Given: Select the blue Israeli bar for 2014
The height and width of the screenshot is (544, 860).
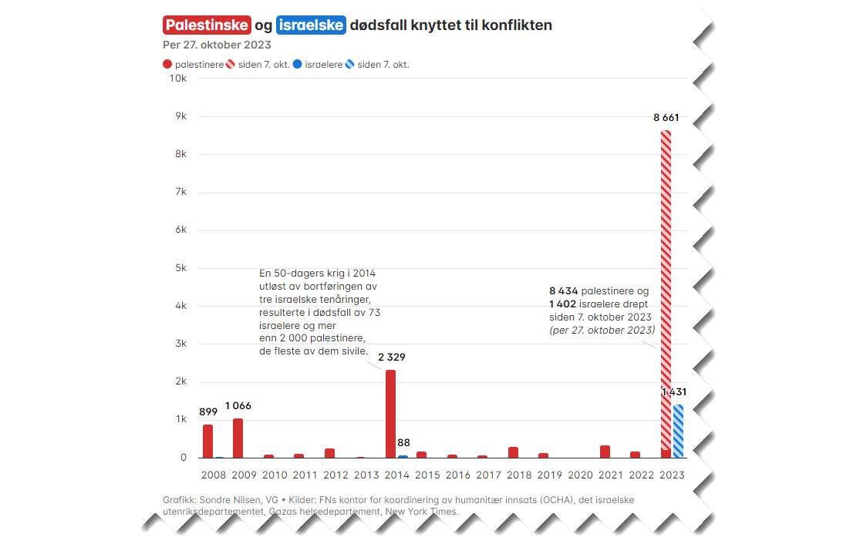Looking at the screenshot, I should (x=403, y=456).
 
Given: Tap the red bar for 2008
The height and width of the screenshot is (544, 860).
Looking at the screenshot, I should (x=207, y=441).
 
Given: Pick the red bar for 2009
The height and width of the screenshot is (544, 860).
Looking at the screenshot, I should (x=238, y=438).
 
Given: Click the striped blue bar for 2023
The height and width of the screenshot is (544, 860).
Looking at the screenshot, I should (x=678, y=431).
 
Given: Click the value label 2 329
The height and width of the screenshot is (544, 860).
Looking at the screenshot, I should (x=392, y=357).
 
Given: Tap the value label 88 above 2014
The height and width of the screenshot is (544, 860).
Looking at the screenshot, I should (x=404, y=442).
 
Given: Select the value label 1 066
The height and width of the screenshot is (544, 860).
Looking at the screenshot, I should (x=238, y=405).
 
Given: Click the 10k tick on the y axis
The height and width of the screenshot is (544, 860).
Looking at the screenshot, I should (x=178, y=79).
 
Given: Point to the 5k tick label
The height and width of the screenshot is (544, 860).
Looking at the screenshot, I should (x=180, y=268).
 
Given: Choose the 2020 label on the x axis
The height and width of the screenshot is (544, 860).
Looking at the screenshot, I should (x=581, y=475).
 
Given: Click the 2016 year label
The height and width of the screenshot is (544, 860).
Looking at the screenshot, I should (x=458, y=475).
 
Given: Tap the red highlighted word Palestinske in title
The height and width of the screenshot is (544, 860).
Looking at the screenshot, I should (x=207, y=25).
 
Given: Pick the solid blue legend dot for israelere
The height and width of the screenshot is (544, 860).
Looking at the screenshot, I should (x=298, y=65).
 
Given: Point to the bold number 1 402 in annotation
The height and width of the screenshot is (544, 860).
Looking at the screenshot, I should (x=562, y=304).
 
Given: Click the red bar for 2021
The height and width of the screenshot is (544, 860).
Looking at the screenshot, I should (x=605, y=451).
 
